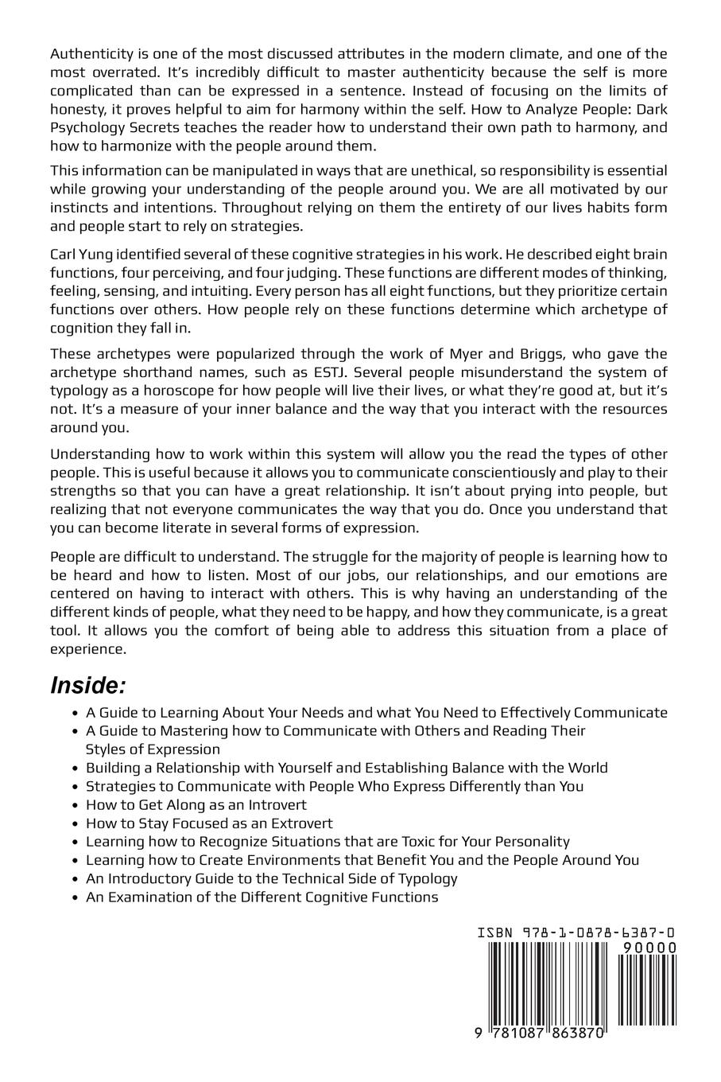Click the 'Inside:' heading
(88, 686)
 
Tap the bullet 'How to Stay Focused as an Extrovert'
(209, 823)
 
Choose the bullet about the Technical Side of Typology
(271, 878)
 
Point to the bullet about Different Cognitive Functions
(262, 897)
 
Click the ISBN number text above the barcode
(577, 932)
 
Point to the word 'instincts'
(79, 208)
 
